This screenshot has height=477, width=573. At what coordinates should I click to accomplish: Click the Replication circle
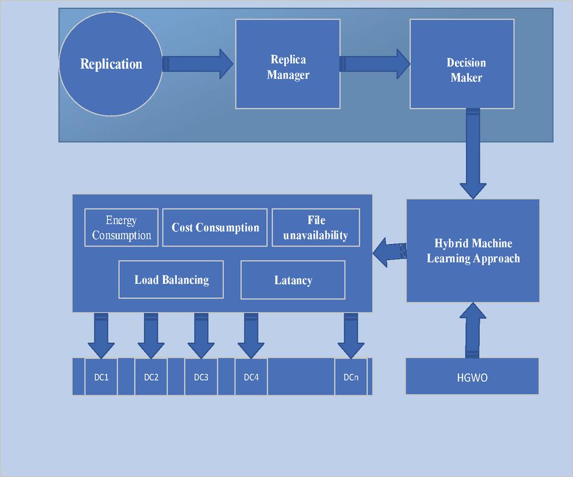point(111,64)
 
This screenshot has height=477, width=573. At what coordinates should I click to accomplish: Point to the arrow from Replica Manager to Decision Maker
point(375,64)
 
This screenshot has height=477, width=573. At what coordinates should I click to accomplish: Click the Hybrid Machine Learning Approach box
point(473,250)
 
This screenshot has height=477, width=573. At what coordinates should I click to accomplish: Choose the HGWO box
point(472,376)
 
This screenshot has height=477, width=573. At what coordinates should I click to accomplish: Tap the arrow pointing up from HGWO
point(473,330)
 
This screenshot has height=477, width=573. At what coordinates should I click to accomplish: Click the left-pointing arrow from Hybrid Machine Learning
point(389,251)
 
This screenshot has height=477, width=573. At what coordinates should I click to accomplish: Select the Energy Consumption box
point(122,228)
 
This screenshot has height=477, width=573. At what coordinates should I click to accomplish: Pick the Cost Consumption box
point(215,228)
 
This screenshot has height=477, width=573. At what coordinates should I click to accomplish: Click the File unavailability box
point(316,228)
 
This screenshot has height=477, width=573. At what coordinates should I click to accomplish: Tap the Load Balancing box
point(171,280)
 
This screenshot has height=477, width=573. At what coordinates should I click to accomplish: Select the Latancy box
point(293,280)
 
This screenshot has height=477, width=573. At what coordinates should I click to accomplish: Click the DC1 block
point(101,377)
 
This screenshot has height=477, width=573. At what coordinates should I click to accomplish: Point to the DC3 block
point(201,377)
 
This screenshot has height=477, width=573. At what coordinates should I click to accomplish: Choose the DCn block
point(350,377)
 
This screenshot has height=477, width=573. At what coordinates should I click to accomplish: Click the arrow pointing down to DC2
point(151,336)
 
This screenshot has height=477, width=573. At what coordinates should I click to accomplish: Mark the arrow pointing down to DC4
point(251,336)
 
